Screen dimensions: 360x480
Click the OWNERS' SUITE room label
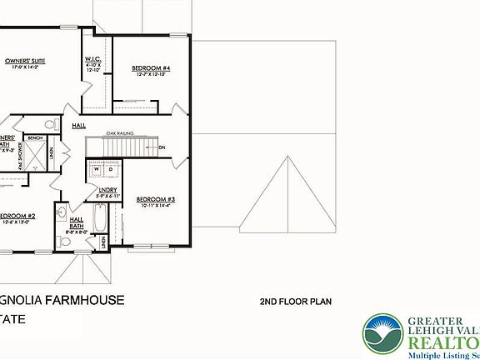click(25, 61)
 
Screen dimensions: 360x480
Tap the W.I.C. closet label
click(93, 59)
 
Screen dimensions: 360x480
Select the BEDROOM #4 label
click(152, 67)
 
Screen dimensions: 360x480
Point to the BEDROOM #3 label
click(155, 198)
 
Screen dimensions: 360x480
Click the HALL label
click(79, 126)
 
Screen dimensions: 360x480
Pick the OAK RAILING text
click(120, 132)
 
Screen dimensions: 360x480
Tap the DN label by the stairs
click(162, 147)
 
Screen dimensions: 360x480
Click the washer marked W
click(97, 169)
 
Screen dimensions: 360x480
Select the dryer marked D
click(110, 169)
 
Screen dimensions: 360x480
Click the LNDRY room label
click(107, 191)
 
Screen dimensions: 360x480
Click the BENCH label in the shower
click(34, 138)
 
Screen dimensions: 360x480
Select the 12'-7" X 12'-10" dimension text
click(152, 75)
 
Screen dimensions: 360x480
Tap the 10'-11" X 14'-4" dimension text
click(154, 206)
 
